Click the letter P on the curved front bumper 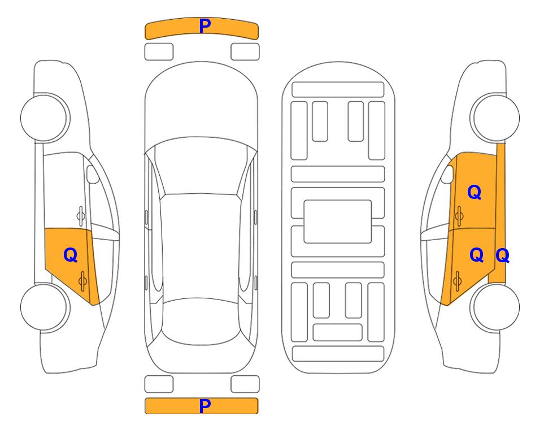pos(205,26)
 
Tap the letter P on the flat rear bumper pos(205,406)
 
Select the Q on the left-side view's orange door pos(71,255)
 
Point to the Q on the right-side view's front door pos(475,192)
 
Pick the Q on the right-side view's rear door pos(476,255)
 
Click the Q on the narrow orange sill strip pos(502,255)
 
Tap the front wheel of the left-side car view pos(45,118)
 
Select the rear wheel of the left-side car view pos(45,307)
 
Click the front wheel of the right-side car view pos(495,118)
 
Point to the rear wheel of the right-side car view pos(495,307)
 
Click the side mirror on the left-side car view pos(92,174)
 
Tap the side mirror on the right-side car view pos(447,174)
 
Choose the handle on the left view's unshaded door pos(81,216)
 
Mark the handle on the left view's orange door pos(82,281)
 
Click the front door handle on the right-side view pos(459,216)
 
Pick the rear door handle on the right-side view pos(457,281)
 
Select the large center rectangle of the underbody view pos(338,222)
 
